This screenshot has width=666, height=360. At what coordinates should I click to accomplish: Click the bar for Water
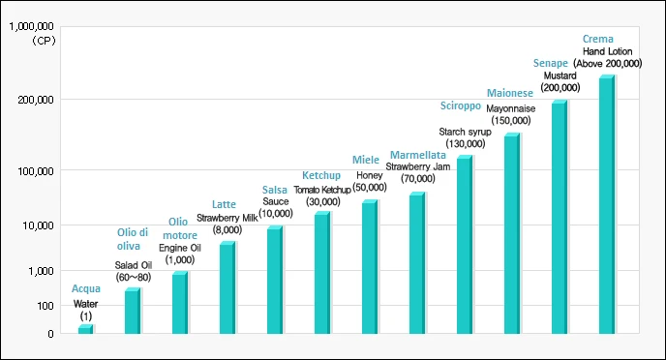pos(85,330)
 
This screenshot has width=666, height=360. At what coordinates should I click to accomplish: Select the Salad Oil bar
pos(132,312)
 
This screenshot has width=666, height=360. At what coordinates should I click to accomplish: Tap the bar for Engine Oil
pos(179,304)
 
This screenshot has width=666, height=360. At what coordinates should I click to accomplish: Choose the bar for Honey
pos(369,268)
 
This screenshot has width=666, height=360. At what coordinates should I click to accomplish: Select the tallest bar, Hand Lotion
pos(606,205)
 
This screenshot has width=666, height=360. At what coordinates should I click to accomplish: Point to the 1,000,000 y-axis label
pos(31,28)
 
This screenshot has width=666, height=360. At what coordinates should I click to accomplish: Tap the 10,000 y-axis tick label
pos(38,225)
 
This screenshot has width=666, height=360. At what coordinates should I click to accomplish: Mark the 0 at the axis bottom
pos(50,334)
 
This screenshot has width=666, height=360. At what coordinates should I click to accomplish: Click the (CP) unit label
pos(42,42)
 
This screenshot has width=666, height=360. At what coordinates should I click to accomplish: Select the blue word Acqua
pos(86,288)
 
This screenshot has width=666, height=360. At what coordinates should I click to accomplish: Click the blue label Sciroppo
pos(462,105)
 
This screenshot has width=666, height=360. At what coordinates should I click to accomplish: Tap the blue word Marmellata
pos(417,155)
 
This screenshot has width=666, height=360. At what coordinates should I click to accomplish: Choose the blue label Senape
pos(550,63)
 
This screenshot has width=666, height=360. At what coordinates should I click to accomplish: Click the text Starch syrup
pos(466,131)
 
